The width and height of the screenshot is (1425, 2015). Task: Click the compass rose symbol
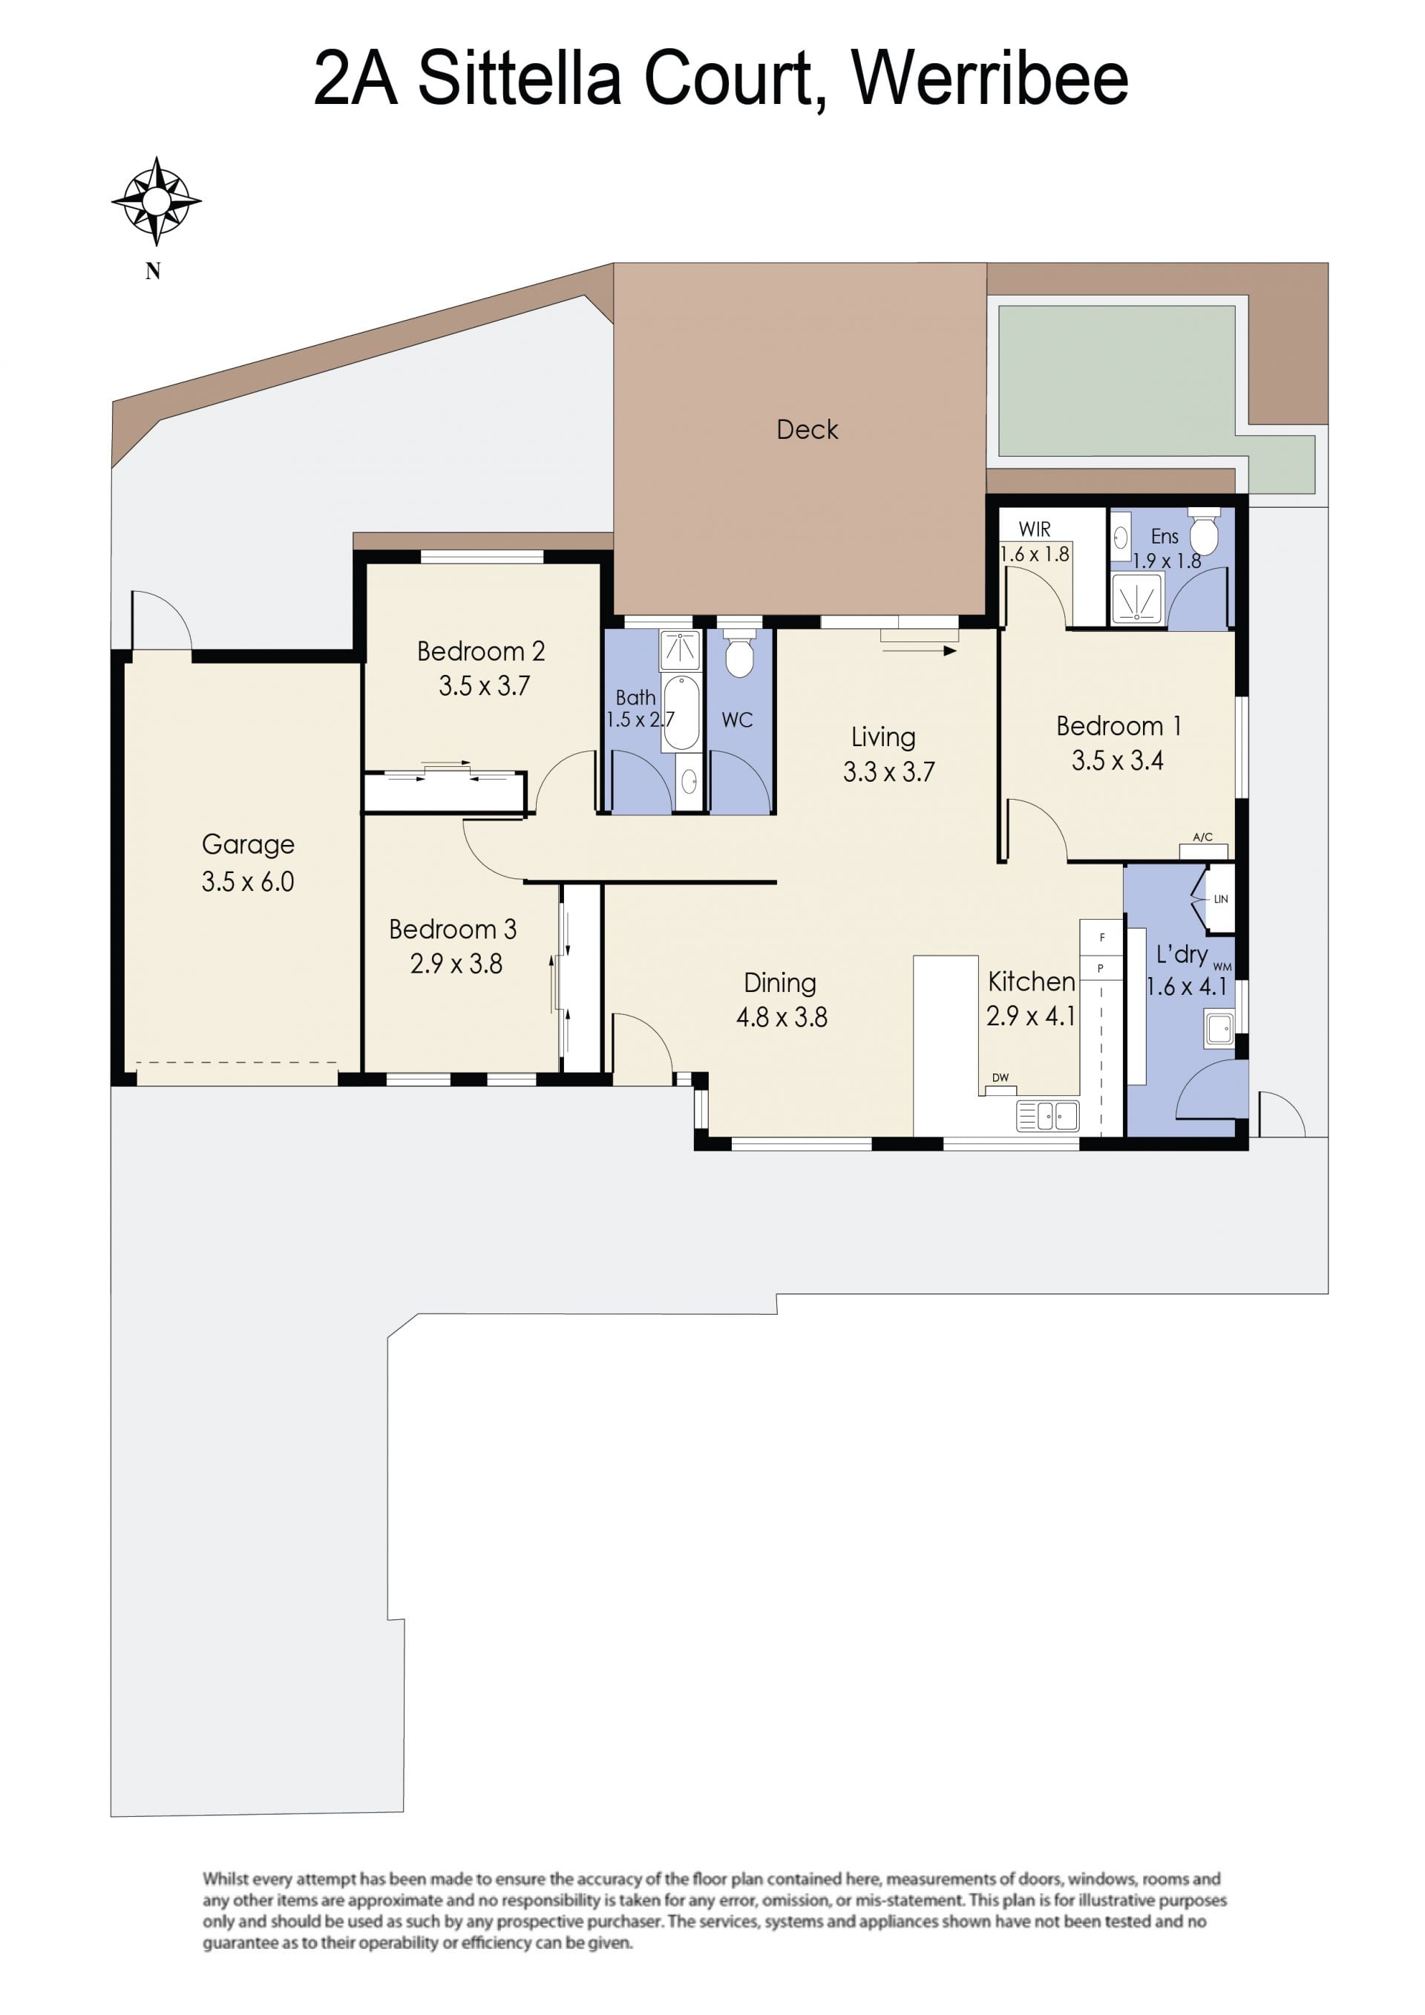pyautogui.click(x=156, y=201)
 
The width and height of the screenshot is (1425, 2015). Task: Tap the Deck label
pyautogui.click(x=807, y=429)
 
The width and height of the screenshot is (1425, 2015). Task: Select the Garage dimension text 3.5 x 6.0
pyautogui.click(x=247, y=881)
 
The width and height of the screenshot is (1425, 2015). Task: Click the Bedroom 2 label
pyautogui.click(x=481, y=651)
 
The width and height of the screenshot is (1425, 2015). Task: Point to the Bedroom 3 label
pyautogui.click(x=453, y=929)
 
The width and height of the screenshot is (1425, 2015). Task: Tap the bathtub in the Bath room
pyautogui.click(x=682, y=713)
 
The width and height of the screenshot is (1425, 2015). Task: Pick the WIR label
pyautogui.click(x=1035, y=529)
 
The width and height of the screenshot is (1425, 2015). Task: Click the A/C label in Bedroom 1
pyautogui.click(x=1203, y=837)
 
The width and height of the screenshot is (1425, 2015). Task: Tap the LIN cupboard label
pyautogui.click(x=1221, y=898)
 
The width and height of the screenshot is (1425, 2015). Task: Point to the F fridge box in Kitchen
pyautogui.click(x=1101, y=936)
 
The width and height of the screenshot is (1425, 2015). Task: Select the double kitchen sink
pyautogui.click(x=1048, y=1115)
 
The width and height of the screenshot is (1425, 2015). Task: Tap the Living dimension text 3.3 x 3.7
pyautogui.click(x=889, y=771)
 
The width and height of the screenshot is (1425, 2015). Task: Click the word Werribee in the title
pyautogui.click(x=990, y=78)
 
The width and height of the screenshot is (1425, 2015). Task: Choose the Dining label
pyautogui.click(x=780, y=983)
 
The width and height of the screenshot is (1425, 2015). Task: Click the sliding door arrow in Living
pyautogui.click(x=919, y=651)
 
